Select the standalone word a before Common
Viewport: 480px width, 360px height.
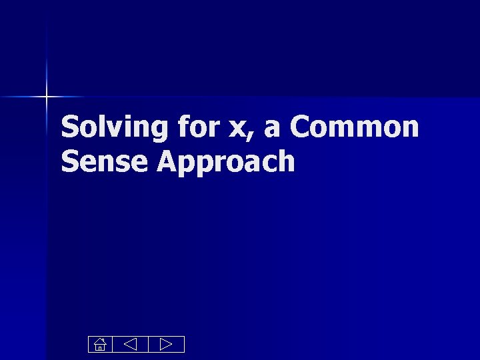[x=271, y=129]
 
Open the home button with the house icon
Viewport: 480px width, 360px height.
[x=99, y=345]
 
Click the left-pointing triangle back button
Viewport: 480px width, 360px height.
[x=130, y=345]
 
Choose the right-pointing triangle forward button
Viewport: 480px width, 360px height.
[x=166, y=345]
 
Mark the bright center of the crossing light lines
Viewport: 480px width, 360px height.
[x=47, y=97]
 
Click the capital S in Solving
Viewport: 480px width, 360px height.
[x=69, y=127]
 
